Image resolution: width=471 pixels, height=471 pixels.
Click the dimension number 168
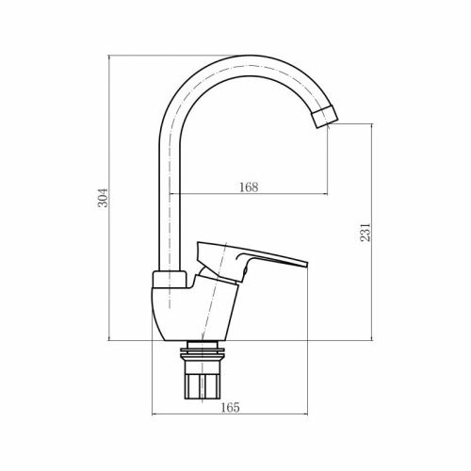point(248,187)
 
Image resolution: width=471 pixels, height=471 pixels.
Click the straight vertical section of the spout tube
point(166,207)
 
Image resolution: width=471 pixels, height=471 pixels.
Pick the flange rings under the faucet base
point(206,350)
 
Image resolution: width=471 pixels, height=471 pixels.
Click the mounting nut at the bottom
point(206,382)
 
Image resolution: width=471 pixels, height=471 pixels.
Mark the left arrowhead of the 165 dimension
point(154,415)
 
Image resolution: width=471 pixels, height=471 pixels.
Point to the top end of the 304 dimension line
point(112,56)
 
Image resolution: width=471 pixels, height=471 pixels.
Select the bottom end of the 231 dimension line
point(371,340)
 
